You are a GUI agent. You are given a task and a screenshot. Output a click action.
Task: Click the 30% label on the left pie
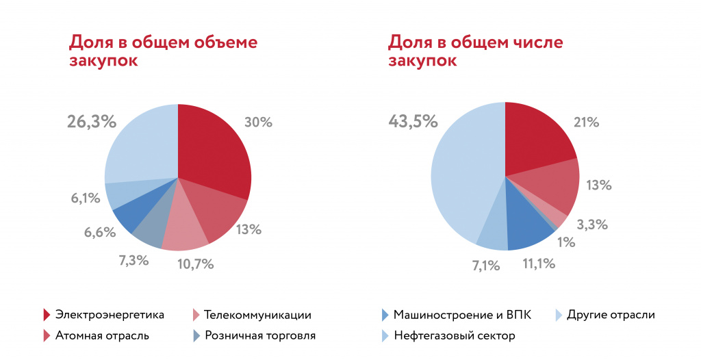point(258,123)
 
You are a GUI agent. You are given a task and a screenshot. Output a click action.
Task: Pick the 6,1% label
point(86,198)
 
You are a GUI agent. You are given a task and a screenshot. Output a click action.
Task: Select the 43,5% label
point(413,121)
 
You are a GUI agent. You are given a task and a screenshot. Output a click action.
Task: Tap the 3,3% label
point(592,224)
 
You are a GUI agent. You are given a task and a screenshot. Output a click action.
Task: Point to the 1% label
point(565,242)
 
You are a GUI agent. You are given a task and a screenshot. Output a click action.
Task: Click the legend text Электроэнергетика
point(110,315)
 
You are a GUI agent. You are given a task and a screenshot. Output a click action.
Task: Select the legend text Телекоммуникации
point(258,315)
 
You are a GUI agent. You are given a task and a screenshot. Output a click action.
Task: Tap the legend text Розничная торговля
point(260,336)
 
